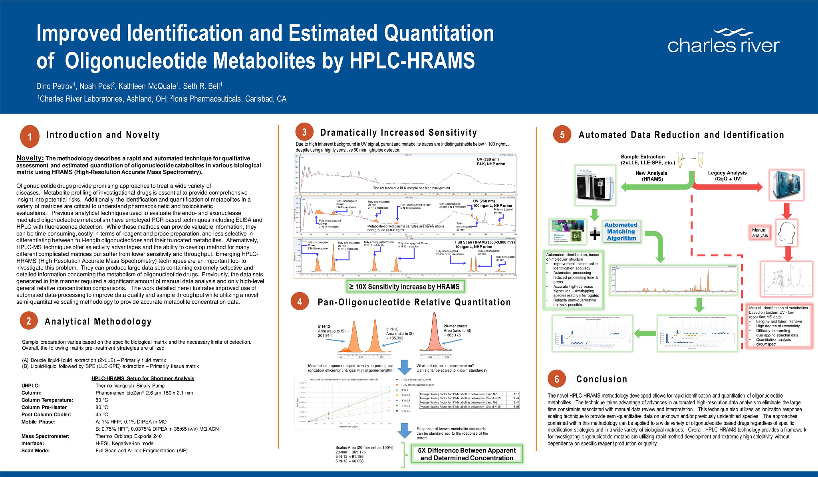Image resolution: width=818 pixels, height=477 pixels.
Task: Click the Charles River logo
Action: [x=723, y=42]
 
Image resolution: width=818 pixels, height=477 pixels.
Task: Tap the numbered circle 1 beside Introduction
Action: [x=30, y=137]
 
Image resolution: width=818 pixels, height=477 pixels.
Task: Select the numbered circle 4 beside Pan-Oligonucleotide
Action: [x=300, y=302]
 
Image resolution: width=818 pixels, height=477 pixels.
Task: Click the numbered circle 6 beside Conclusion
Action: [x=557, y=379]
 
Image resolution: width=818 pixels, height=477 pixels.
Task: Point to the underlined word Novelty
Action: [x=30, y=158]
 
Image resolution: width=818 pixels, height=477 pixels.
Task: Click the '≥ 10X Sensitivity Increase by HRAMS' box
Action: [x=405, y=287]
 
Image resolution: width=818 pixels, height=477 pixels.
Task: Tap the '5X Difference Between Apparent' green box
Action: [x=467, y=454]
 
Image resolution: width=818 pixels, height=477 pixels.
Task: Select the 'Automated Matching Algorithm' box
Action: [x=621, y=232]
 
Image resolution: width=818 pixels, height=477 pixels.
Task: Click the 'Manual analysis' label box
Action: [x=759, y=233]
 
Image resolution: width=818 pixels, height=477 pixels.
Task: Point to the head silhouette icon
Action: [x=786, y=232]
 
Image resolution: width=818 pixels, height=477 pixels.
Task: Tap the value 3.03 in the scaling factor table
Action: [x=516, y=407]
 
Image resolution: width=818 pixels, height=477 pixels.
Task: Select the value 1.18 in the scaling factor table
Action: [x=516, y=394]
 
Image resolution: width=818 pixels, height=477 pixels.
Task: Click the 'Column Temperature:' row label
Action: [x=47, y=400]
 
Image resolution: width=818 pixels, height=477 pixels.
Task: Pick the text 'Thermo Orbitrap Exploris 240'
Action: [x=129, y=436]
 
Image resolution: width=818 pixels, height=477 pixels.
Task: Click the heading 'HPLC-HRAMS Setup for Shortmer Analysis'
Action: [x=143, y=378]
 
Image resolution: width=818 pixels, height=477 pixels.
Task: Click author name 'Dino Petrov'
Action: [x=54, y=86]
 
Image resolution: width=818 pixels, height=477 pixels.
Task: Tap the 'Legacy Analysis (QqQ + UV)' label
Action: [x=727, y=176]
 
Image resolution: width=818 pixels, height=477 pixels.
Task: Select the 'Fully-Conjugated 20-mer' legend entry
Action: [x=416, y=380]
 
